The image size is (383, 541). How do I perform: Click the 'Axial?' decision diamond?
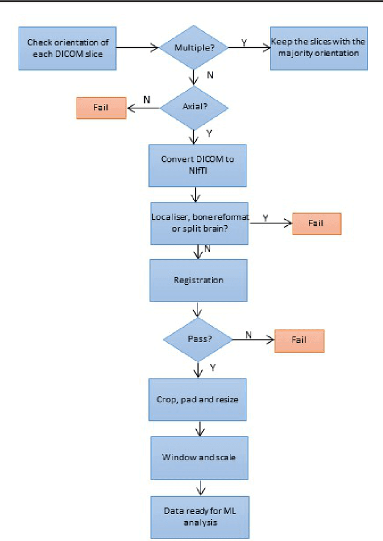194,108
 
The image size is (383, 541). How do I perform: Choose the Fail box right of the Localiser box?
315,223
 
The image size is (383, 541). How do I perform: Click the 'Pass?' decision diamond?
197,339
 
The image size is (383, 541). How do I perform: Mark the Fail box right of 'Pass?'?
299,339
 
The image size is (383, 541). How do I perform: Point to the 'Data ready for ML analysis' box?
199,517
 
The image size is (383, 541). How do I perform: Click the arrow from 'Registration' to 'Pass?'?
197,310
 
